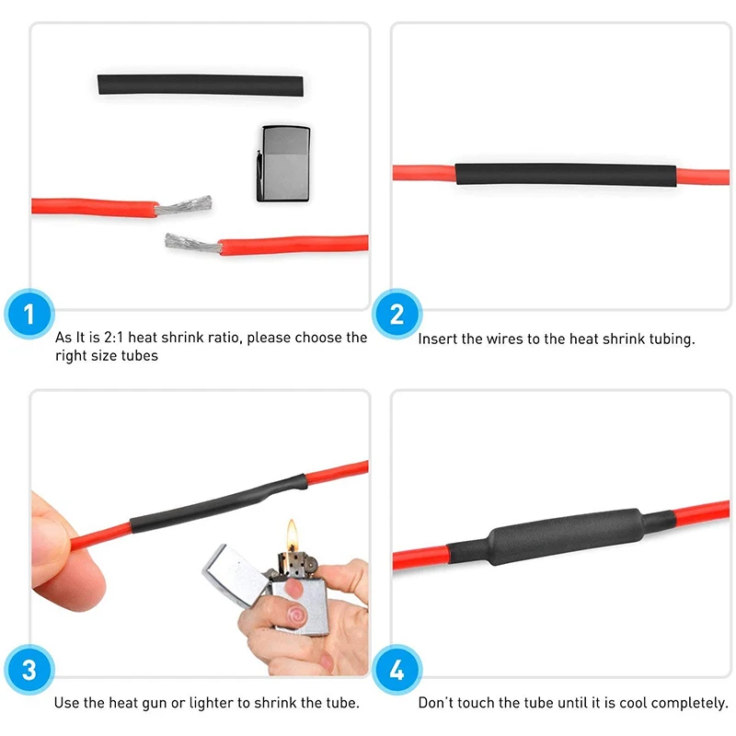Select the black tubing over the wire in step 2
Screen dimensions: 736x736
[x=565, y=175]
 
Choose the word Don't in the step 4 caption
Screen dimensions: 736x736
[x=437, y=703]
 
